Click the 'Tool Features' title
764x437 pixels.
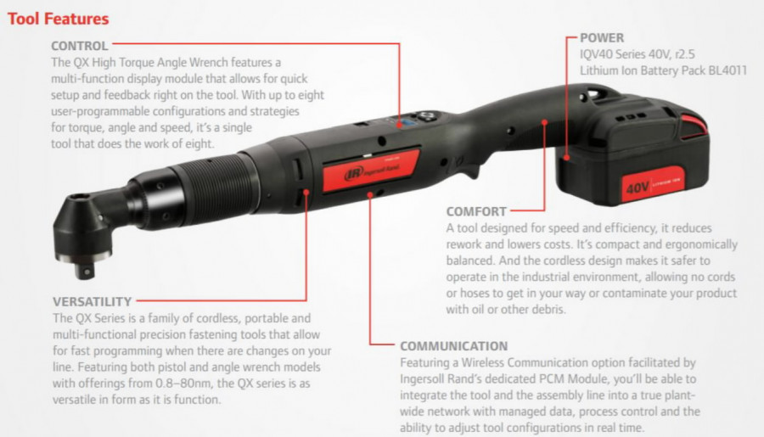click(x=58, y=18)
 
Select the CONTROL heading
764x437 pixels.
click(x=79, y=46)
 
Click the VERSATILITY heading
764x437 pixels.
click(x=92, y=301)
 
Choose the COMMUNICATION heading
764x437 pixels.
click(x=453, y=346)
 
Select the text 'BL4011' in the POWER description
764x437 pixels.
click(x=725, y=70)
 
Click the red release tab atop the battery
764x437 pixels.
click(x=692, y=126)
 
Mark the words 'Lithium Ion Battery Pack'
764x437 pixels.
click(x=641, y=70)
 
